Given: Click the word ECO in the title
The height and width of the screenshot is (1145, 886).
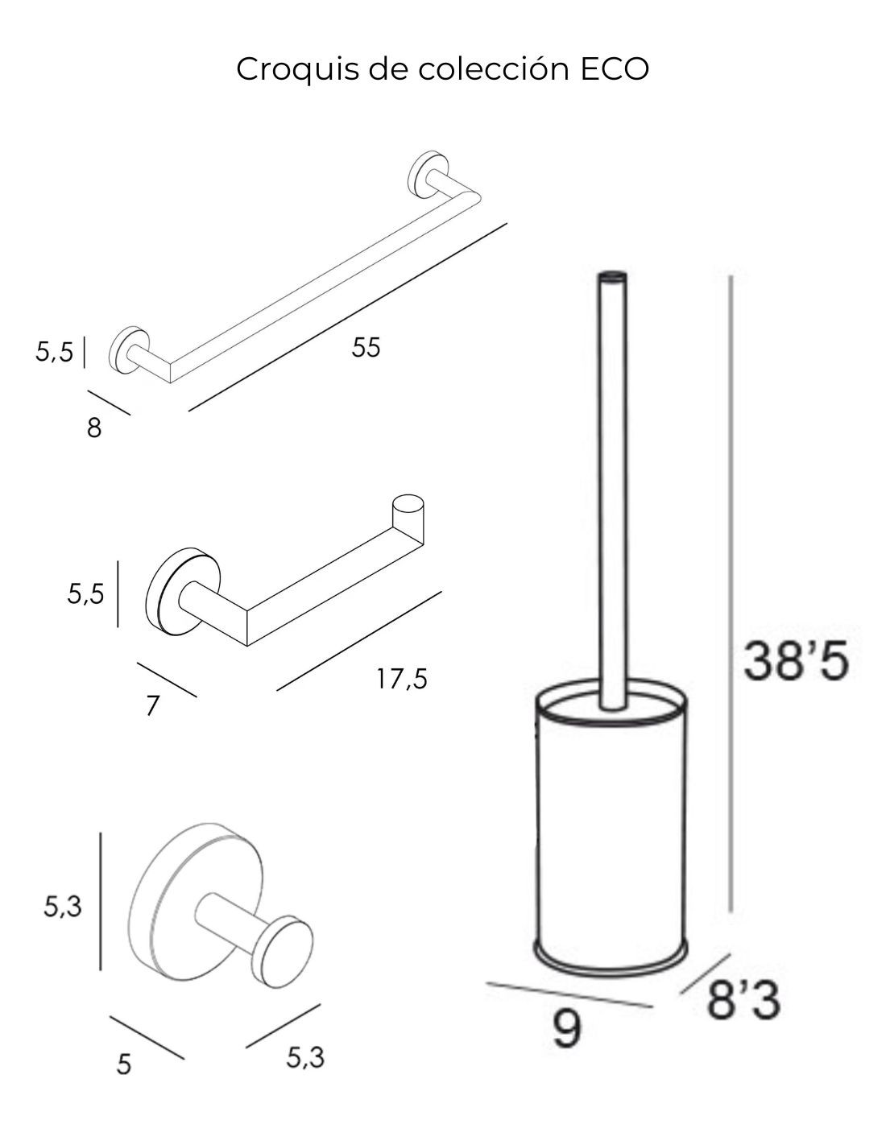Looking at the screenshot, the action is [615, 68].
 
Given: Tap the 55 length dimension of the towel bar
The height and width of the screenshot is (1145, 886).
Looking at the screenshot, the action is [366, 347].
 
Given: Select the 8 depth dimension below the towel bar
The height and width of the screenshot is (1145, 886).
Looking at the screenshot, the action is [93, 428].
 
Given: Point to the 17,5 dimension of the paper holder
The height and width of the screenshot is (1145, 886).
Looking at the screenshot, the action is [402, 679].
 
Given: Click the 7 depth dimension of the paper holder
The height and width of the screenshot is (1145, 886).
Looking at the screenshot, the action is [152, 706].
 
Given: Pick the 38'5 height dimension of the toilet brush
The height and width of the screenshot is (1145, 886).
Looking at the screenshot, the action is [796, 661].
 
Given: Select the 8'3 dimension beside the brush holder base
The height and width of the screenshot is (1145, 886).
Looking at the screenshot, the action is [743, 1001].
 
